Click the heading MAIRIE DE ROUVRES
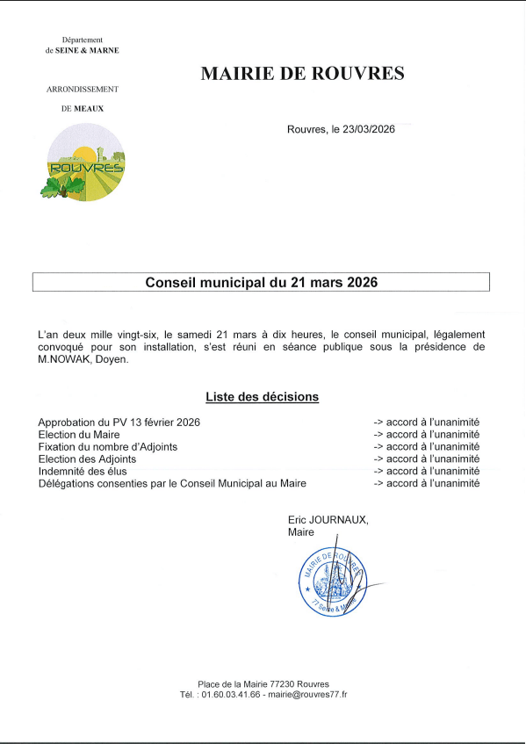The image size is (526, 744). click(302, 74)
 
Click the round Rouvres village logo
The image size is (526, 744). click(86, 162)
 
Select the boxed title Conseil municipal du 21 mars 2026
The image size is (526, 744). click(261, 282)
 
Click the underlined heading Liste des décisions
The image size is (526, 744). click(262, 397)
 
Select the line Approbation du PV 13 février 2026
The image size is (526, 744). click(119, 423)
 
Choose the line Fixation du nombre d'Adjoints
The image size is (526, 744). click(108, 447)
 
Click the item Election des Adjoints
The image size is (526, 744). click(87, 459)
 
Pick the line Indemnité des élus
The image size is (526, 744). click(83, 472)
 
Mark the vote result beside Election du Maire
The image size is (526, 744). click(426, 435)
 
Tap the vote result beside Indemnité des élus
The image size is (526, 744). click(426, 472)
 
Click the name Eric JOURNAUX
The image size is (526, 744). click(328, 520)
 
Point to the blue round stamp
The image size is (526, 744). click(332, 581)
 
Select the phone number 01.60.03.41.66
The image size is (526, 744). click(231, 695)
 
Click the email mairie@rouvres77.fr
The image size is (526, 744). click(306, 695)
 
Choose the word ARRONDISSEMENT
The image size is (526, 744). click(82, 90)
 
